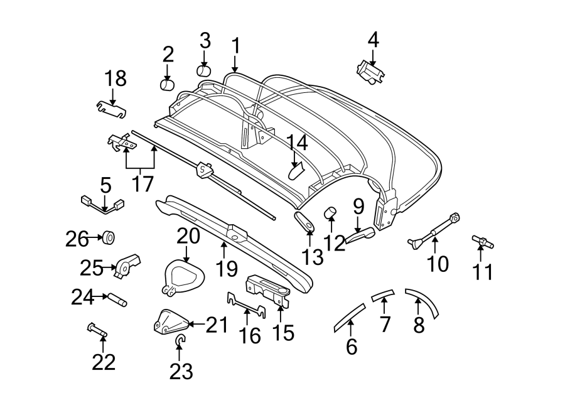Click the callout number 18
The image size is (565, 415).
116,78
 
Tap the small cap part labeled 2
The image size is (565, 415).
166,84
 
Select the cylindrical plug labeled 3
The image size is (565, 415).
205,69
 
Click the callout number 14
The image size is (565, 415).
298,143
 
